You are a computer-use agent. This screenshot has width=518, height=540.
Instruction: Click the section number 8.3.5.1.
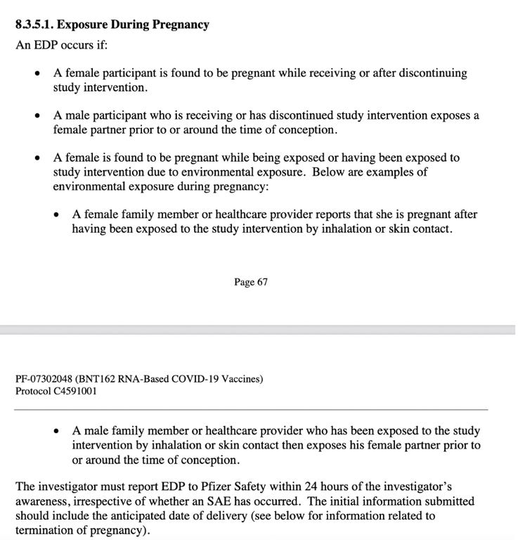pyautogui.click(x=33, y=25)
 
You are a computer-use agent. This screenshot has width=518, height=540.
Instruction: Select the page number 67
pyautogui.click(x=261, y=282)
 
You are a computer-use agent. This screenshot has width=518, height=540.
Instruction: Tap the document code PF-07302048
pyautogui.click(x=44, y=379)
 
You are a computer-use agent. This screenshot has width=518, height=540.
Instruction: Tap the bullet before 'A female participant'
pyautogui.click(x=37, y=74)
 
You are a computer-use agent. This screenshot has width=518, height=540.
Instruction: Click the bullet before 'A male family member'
pyautogui.click(x=56, y=431)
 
